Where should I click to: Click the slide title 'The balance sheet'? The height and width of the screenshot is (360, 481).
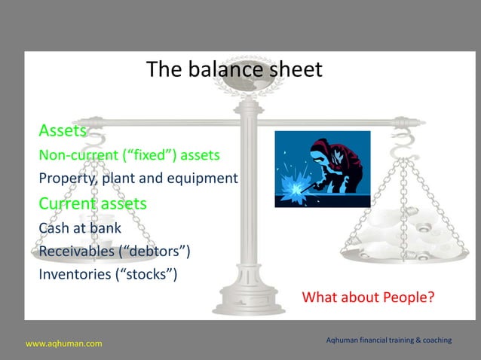click(x=234, y=70)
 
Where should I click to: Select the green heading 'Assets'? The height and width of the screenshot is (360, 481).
click(x=63, y=132)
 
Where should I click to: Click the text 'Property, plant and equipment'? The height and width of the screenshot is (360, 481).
click(x=138, y=179)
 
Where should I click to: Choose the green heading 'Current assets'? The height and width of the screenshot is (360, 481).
click(x=93, y=203)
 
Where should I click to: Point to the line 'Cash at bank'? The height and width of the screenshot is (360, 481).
click(x=80, y=227)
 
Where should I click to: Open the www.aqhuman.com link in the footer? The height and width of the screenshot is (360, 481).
click(x=64, y=344)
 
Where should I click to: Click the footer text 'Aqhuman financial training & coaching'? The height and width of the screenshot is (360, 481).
click(x=388, y=341)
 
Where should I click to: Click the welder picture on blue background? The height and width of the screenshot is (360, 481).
click(x=322, y=169)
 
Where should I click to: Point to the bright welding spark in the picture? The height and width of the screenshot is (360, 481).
click(x=290, y=185)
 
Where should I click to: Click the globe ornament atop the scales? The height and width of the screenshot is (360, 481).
click(x=248, y=84)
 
